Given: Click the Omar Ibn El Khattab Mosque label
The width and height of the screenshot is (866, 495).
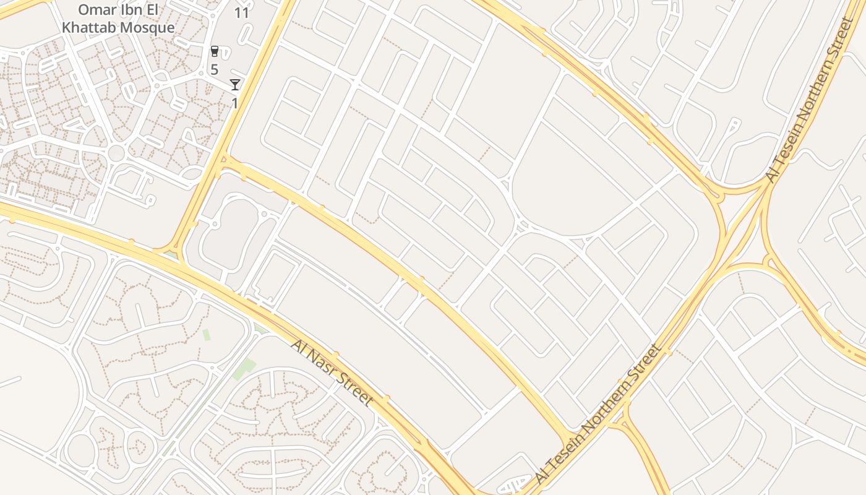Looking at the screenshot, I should [118, 19].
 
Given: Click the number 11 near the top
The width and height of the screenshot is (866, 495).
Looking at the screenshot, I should [242, 12].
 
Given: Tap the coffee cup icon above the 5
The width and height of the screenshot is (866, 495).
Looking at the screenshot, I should [215, 51].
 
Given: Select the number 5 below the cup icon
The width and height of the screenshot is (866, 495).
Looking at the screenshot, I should [214, 69].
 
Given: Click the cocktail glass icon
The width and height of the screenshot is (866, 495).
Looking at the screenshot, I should [235, 84].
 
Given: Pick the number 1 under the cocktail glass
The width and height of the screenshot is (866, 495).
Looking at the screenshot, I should [235, 102].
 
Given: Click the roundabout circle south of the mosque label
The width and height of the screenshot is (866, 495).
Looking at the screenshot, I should [116, 153].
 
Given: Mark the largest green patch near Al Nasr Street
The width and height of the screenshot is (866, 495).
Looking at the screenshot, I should [244, 369].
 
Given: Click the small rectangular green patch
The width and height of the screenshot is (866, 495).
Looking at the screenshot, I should [206, 335].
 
